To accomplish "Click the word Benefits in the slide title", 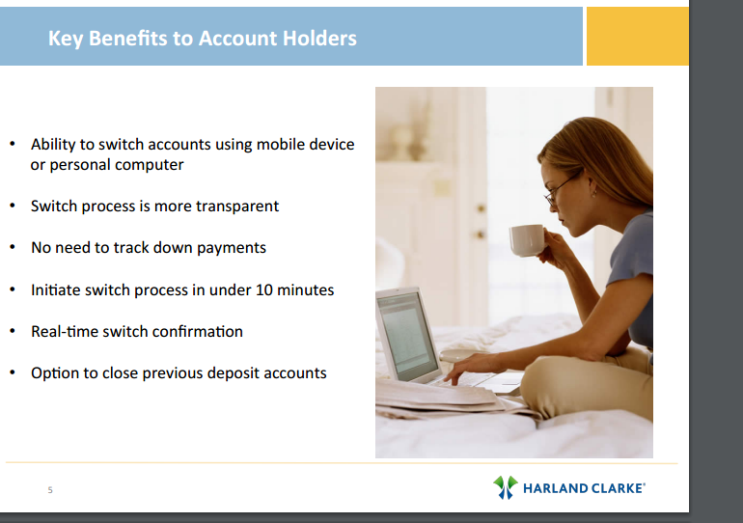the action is coord(128,39).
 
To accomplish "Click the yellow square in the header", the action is coord(637,36).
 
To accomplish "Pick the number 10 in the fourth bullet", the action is coord(264,289).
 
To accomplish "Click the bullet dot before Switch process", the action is coord(13,206).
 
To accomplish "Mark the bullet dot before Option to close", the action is coord(13,372).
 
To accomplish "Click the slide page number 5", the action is coord(50,490).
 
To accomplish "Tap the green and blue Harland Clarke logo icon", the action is coord(506,487).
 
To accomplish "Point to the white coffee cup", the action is coord(528,239).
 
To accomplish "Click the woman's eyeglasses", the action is coord(563,188).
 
